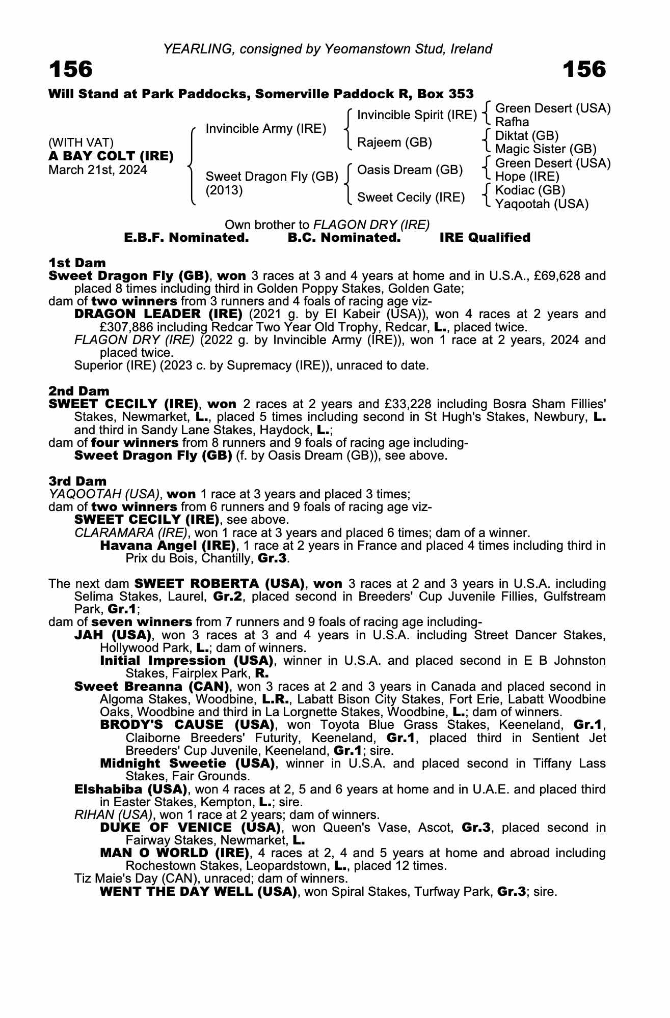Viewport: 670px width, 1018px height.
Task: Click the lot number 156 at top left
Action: point(71,70)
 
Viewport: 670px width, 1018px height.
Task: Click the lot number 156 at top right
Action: point(584,70)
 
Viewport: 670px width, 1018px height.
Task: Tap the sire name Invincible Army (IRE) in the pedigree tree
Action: point(265,129)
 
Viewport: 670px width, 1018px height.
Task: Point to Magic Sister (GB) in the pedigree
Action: point(545,149)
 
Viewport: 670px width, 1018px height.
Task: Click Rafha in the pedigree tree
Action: point(512,122)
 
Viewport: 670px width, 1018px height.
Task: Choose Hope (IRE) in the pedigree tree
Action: point(527,177)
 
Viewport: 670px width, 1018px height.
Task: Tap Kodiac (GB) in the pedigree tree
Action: point(530,190)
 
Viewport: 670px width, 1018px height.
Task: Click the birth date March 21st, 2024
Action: point(97,170)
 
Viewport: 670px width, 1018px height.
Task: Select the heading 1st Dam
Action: point(77,263)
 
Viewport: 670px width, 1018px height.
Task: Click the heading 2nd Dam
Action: point(79,391)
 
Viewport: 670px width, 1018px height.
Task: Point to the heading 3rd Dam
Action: point(77,482)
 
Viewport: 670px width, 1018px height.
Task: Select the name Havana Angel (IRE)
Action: point(168,546)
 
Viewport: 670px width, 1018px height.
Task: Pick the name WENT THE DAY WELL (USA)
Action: point(198,892)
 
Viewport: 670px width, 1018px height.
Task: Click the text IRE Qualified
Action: point(485,238)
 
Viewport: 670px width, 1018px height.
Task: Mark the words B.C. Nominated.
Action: point(344,238)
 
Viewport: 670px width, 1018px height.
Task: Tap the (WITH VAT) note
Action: point(81,143)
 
